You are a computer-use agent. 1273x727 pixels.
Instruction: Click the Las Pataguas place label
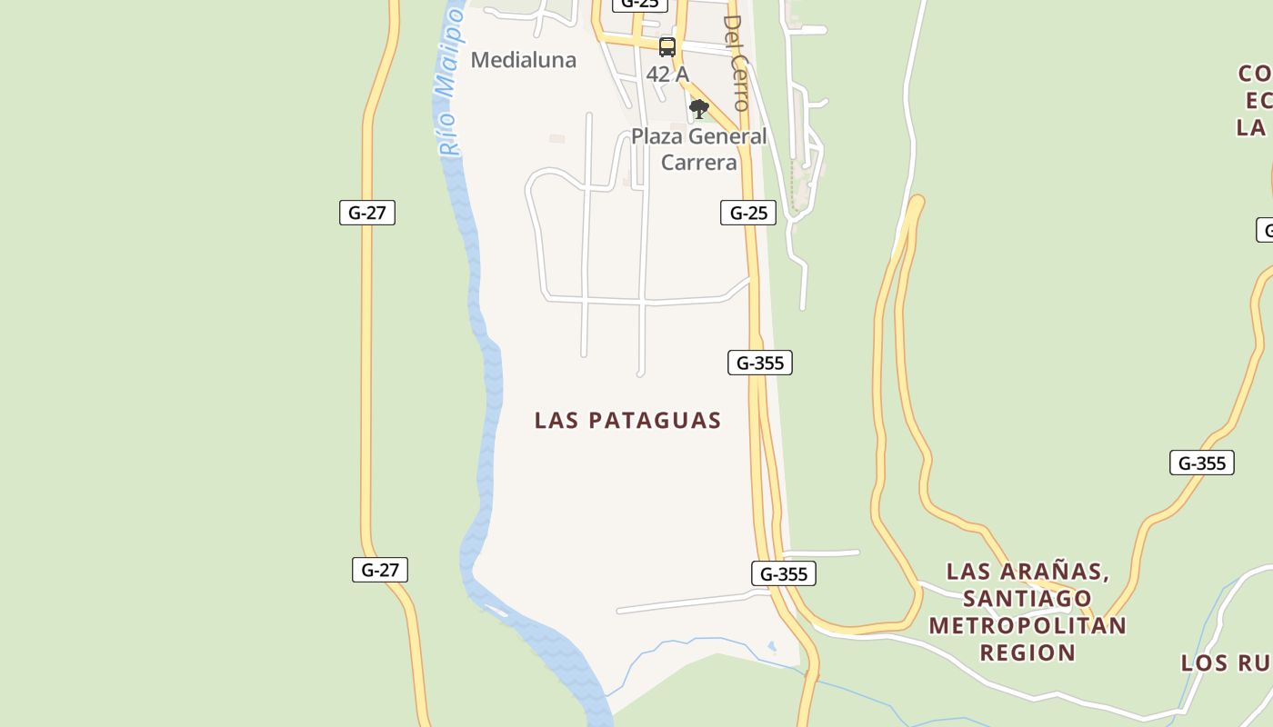click(627, 420)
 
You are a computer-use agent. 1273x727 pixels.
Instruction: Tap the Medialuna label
click(524, 60)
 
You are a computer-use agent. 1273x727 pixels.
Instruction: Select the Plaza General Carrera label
click(698, 149)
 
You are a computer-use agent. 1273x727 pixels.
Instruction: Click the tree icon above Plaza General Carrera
click(698, 110)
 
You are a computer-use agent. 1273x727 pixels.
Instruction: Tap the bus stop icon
click(667, 47)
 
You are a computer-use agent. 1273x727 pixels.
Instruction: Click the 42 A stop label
click(667, 75)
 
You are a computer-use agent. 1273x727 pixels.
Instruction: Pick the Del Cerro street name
click(737, 62)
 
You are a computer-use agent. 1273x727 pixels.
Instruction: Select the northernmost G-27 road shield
click(367, 213)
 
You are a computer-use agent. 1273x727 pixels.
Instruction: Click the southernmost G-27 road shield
click(380, 570)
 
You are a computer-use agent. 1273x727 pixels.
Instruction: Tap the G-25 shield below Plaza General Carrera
click(748, 213)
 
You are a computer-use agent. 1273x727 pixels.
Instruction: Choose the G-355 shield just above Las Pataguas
click(760, 363)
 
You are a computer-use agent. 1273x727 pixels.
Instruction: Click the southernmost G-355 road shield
click(784, 573)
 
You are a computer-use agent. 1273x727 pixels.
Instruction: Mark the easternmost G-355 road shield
click(1202, 463)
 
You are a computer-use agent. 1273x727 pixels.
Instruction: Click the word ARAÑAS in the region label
click(1055, 572)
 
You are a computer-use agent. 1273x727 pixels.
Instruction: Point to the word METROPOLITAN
click(1027, 625)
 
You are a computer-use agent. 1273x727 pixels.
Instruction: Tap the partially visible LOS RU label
click(1226, 662)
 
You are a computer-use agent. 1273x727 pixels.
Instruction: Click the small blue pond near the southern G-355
click(772, 647)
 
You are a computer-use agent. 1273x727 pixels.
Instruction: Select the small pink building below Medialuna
click(557, 139)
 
